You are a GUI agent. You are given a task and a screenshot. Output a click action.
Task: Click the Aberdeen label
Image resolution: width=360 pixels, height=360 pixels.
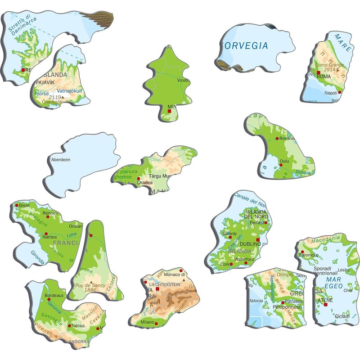click(61, 159)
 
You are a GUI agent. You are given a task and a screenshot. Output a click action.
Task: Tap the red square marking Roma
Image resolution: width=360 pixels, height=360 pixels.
click(318, 72)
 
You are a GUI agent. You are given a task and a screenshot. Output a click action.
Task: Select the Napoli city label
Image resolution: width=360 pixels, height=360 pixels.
click(330, 93)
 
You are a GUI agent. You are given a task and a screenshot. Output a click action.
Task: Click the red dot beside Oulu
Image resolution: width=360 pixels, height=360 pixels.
click(280, 165)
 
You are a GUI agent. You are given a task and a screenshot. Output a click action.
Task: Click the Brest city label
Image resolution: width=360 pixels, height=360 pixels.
click(24, 205)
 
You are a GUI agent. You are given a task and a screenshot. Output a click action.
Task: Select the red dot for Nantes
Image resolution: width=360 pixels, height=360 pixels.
click(45, 234)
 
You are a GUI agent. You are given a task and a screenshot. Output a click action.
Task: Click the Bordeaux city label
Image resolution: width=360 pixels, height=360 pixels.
click(55, 296)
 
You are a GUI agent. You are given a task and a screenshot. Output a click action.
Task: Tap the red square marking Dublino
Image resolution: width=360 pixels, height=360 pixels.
click(258, 240)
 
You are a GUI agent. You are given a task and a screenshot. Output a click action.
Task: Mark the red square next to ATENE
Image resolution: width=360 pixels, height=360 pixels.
click(325, 305)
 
